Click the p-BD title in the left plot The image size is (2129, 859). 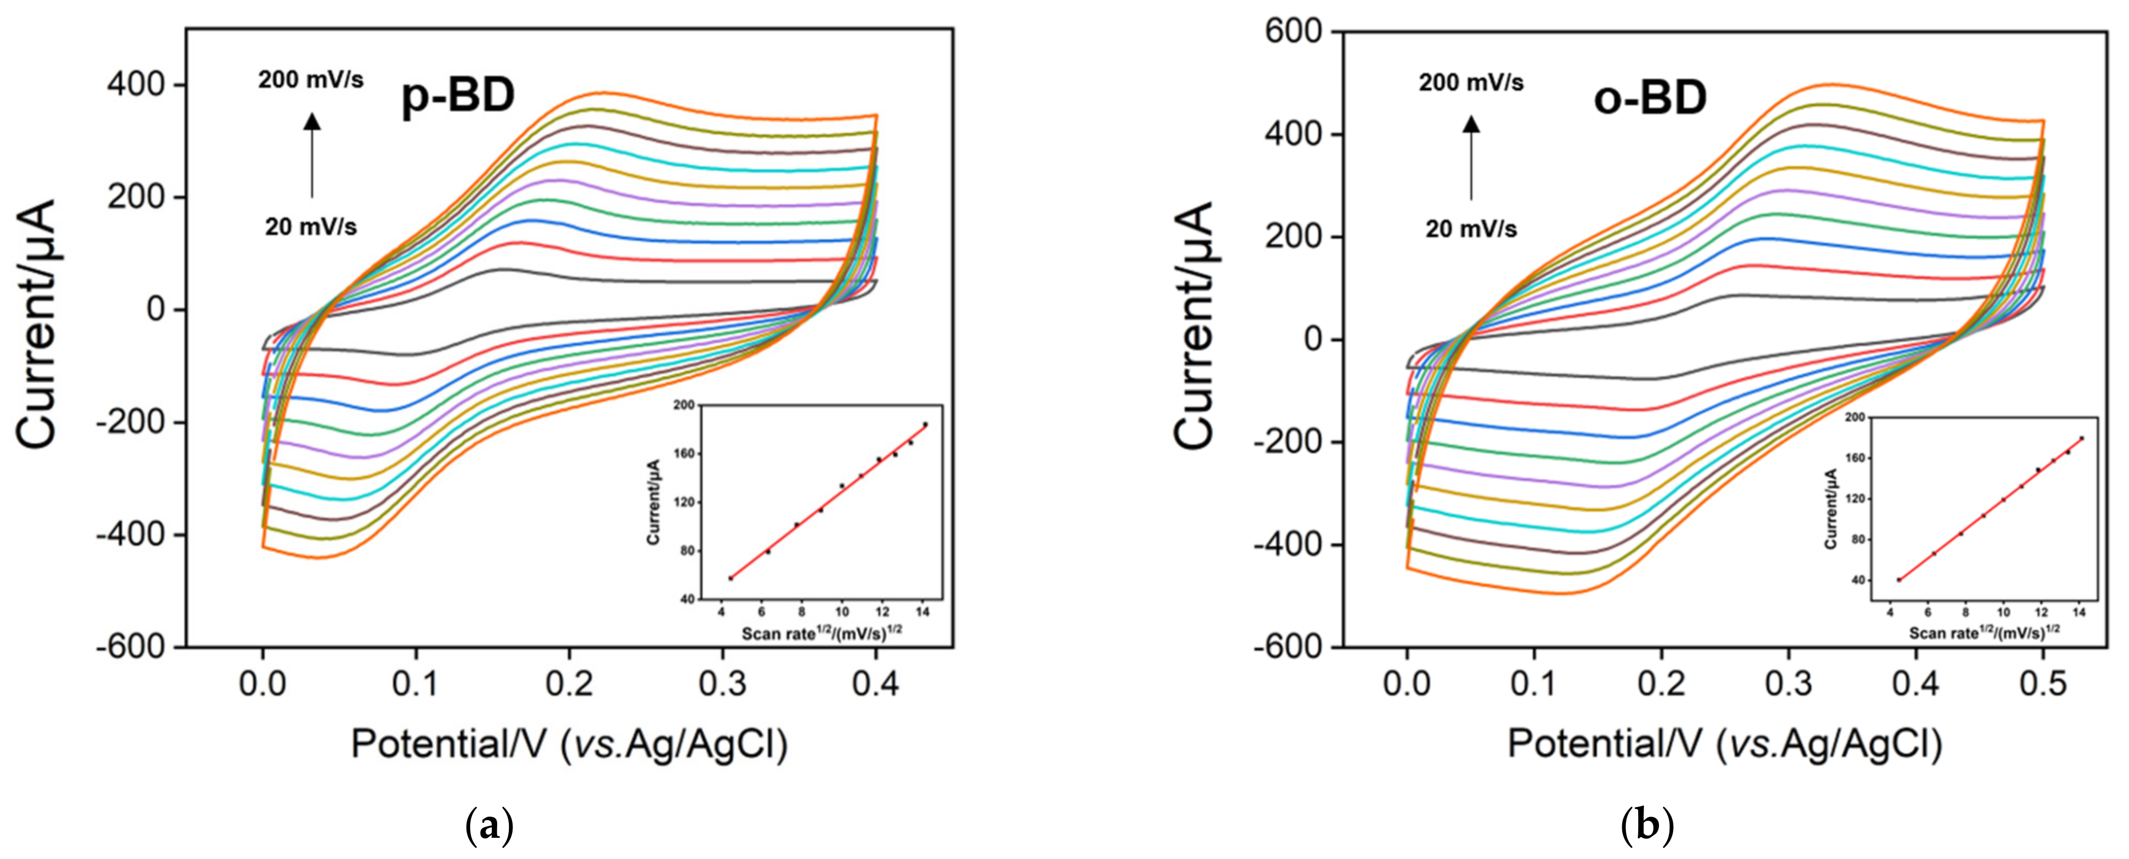458,97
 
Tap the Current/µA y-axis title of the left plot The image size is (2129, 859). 38,324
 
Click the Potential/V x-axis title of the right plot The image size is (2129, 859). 1724,744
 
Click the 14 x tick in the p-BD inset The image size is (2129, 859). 923,613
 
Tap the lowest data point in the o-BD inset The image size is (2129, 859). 1899,580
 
